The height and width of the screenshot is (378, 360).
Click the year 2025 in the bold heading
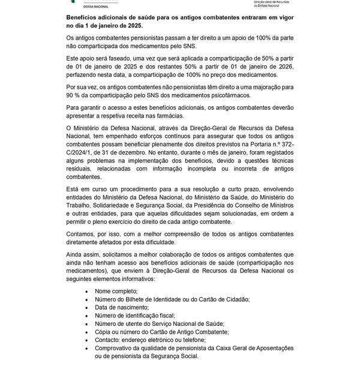pyautogui.click(x=134, y=26)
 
